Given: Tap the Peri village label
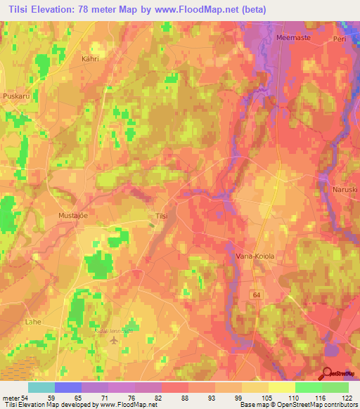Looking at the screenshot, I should tap(340, 39).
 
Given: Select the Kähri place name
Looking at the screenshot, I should tap(91, 60).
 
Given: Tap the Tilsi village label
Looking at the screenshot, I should tap(161, 216).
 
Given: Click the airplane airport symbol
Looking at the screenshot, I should tap(115, 341).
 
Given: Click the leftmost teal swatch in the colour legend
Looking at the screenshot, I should tap(41, 388).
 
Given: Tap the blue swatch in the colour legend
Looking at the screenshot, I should tap(68, 388).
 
